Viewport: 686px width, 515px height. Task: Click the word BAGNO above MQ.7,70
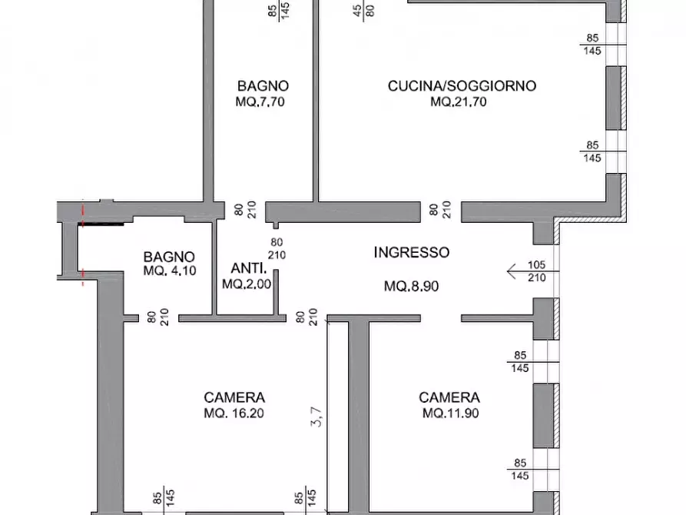pyautogui.click(x=262, y=86)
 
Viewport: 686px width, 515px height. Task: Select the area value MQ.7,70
pyautogui.click(x=262, y=101)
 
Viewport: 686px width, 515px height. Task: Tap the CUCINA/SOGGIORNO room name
pyautogui.click(x=461, y=86)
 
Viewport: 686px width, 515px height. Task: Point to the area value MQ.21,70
pyautogui.click(x=459, y=101)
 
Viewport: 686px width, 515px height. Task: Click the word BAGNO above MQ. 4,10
pyautogui.click(x=169, y=257)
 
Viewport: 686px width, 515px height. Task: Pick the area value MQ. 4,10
pyautogui.click(x=169, y=271)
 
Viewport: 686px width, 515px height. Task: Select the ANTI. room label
pyautogui.click(x=248, y=269)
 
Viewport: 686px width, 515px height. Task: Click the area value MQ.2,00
pyautogui.click(x=244, y=284)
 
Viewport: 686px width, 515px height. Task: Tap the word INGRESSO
pyautogui.click(x=411, y=252)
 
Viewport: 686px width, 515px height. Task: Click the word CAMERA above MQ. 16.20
pyautogui.click(x=234, y=397)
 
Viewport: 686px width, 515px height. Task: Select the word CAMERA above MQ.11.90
pyautogui.click(x=449, y=397)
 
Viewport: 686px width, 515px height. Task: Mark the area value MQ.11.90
pyautogui.click(x=449, y=413)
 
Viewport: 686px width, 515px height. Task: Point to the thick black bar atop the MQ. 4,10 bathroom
pyautogui.click(x=101, y=225)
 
